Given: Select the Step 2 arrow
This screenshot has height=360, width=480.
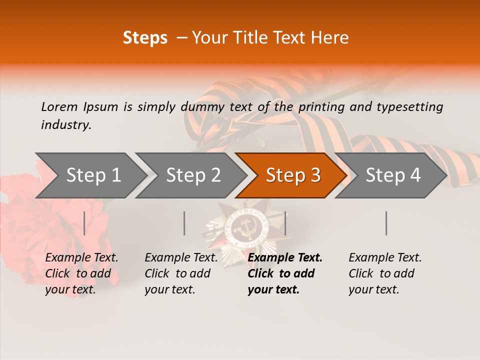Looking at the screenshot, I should (x=190, y=175).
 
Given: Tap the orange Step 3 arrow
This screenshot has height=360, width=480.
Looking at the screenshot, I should (x=291, y=175).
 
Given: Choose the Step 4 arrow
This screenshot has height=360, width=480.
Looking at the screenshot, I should (x=391, y=175).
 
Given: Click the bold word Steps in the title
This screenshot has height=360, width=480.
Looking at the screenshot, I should (x=145, y=38).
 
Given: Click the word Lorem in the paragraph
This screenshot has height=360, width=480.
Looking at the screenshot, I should (x=59, y=107).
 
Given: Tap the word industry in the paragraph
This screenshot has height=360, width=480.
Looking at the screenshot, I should (x=65, y=125).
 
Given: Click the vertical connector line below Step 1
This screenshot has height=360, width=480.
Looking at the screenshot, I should (x=84, y=223).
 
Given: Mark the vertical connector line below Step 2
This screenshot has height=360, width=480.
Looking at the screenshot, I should (x=184, y=223).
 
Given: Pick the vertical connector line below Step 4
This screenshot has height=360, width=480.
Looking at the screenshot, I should (x=386, y=223).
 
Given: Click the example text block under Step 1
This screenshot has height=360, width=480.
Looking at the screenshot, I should (x=81, y=273).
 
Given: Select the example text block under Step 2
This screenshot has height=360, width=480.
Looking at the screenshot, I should (x=181, y=273).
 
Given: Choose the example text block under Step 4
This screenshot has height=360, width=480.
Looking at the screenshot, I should (x=385, y=273).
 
